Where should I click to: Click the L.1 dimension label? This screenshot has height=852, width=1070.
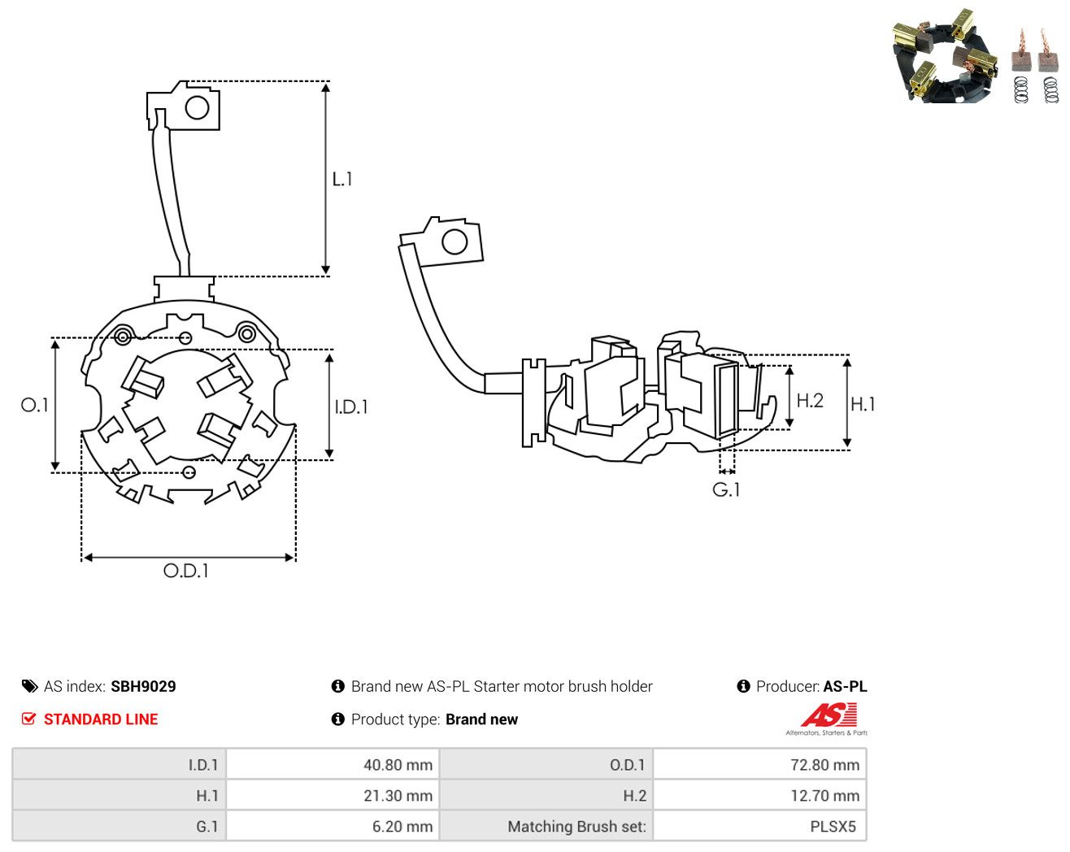click(342, 179)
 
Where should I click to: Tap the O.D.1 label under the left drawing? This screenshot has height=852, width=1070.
click(185, 571)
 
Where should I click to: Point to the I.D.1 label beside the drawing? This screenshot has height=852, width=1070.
click(351, 407)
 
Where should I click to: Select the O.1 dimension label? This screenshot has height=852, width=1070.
click(34, 405)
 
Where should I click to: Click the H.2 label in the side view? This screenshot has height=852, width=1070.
click(810, 401)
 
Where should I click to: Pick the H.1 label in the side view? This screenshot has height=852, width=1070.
click(863, 404)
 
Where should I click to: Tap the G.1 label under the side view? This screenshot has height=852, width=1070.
click(726, 490)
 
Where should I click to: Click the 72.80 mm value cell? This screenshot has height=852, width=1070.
click(759, 764)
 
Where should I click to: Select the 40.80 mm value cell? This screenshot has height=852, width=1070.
click(333, 764)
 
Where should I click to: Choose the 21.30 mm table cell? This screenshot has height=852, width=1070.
click(333, 795)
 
